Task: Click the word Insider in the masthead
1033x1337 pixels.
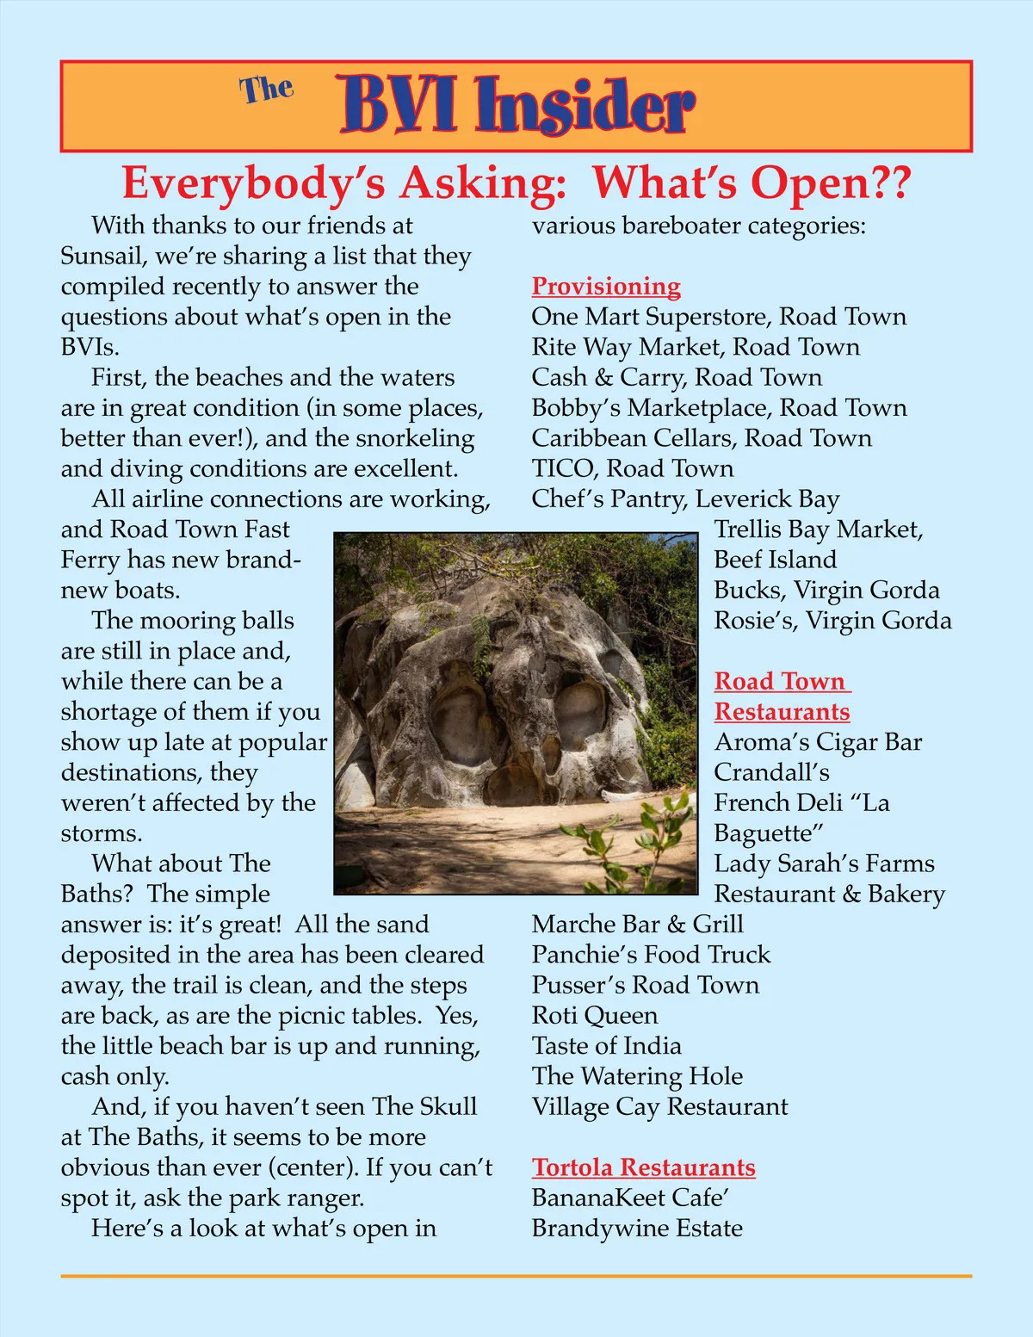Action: click(585, 105)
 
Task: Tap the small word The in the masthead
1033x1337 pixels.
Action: click(266, 90)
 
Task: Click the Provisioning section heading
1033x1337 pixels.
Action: click(606, 286)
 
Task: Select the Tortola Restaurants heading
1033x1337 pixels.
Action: click(643, 1167)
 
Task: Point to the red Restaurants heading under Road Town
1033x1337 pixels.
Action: click(782, 712)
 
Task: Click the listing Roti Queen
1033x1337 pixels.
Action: click(594, 1016)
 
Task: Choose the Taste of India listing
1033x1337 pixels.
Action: click(606, 1046)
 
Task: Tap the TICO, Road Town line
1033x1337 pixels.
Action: click(633, 468)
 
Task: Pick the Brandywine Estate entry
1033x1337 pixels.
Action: click(637, 1229)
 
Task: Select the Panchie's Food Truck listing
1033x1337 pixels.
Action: click(651, 955)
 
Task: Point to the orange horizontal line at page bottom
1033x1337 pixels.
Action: click(516, 1276)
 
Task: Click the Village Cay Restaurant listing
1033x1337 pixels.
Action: click(659, 1107)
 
